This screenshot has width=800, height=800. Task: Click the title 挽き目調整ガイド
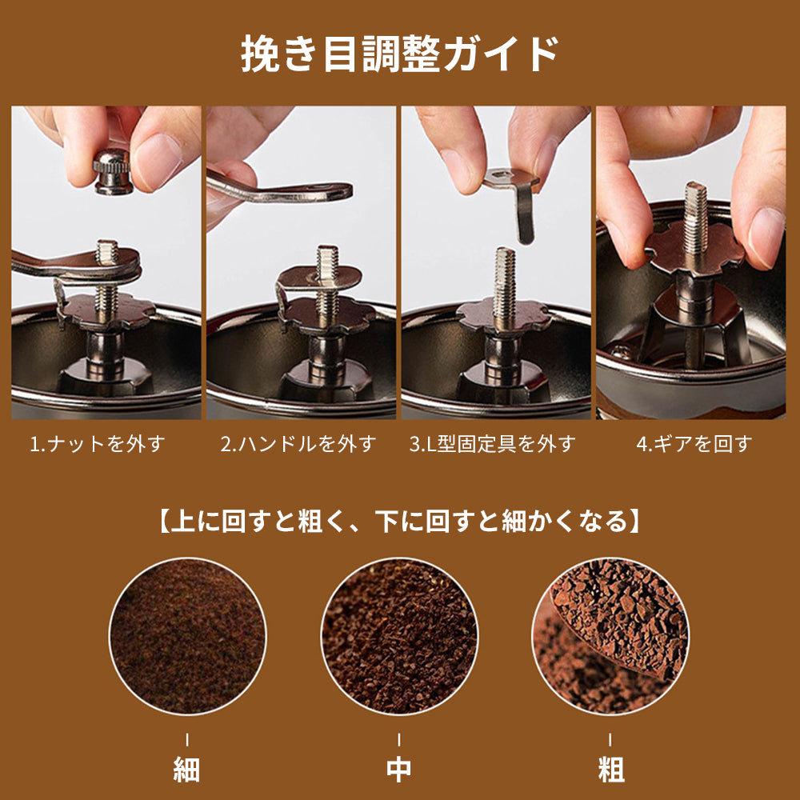coord(399,54)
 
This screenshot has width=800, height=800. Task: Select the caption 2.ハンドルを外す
coord(298,444)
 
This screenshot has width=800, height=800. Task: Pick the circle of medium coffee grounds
coord(399,636)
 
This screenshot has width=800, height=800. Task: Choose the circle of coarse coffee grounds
coord(611,636)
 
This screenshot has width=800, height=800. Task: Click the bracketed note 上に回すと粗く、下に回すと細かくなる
coord(399,522)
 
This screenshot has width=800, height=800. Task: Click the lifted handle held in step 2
coord(280,188)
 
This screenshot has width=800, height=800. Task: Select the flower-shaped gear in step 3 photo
coord(504,314)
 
